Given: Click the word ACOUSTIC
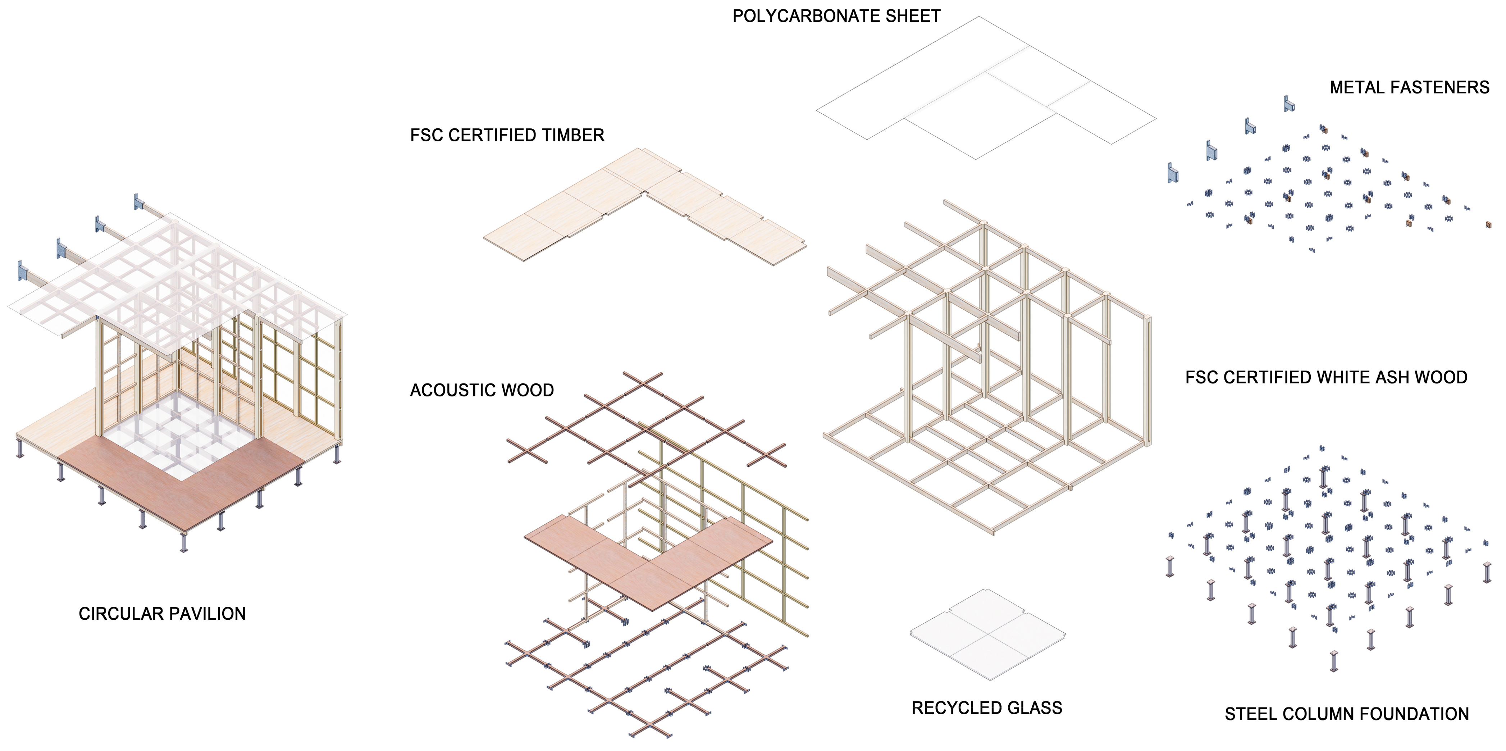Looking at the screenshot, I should [453, 390].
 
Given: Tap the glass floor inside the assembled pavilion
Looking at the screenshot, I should [181, 433].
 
